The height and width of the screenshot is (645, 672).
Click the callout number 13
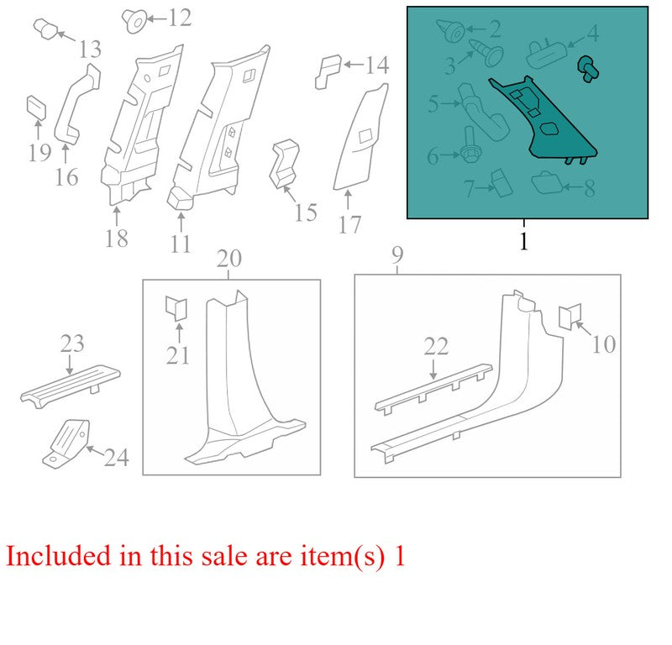[x=90, y=49]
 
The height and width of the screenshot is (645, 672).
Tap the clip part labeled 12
[x=134, y=20]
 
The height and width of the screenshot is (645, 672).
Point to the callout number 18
[x=117, y=239]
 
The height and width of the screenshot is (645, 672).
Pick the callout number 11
[x=181, y=244]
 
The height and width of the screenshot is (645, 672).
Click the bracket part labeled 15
[x=283, y=163]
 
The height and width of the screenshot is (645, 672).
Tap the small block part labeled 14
[x=328, y=71]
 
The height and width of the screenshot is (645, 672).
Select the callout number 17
[x=349, y=224]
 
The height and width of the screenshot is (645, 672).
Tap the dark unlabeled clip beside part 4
[x=588, y=70]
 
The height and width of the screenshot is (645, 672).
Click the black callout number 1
[x=523, y=241]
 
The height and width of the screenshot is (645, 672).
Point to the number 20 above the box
[x=228, y=259]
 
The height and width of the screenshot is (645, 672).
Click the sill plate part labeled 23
[x=71, y=386]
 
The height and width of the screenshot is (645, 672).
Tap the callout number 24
[x=117, y=458]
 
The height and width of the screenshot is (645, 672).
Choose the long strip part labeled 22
[x=433, y=389]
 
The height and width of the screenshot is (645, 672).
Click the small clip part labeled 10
[x=570, y=317]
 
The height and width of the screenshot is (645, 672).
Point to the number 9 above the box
[x=397, y=255]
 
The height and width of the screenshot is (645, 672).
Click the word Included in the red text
[x=58, y=556]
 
